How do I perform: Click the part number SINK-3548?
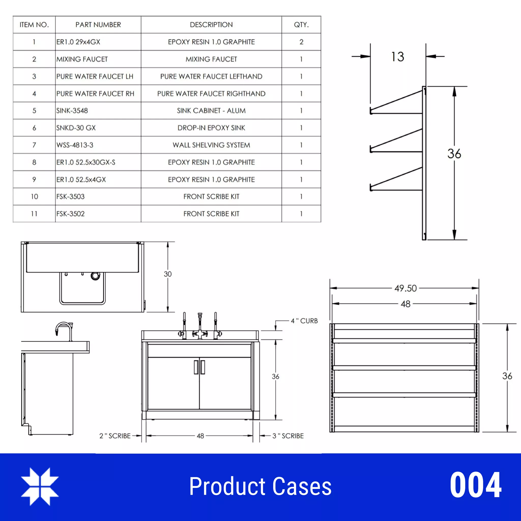point(72,111)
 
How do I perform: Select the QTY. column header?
point(301,25)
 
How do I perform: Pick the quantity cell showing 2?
point(301,42)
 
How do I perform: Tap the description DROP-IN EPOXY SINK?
point(211,128)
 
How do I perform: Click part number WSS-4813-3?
point(75,145)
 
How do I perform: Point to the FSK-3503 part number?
point(70,197)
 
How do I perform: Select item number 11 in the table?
point(34,214)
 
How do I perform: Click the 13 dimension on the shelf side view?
point(398,57)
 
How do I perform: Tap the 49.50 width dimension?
point(405,288)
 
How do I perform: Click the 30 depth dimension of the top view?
point(167,274)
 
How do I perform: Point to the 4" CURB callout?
point(304,321)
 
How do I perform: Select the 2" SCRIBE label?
point(115,436)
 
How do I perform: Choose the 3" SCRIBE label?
point(288,436)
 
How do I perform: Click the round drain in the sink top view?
point(95,276)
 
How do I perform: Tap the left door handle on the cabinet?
point(196,367)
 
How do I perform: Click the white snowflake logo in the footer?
point(40,486)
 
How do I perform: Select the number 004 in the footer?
point(475,485)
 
